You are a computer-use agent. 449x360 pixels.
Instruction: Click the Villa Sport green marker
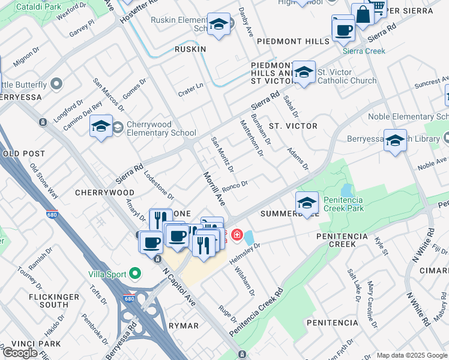click(134, 274)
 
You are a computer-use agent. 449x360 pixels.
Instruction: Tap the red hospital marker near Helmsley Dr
click(237, 234)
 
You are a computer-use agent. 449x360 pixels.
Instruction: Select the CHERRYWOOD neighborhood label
click(104, 193)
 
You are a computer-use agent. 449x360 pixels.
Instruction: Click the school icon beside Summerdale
click(307, 203)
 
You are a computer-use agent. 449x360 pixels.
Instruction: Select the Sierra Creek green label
click(364, 51)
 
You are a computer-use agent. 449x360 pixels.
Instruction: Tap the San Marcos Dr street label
click(109, 95)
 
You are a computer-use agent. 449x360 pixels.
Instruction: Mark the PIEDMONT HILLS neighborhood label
click(293, 41)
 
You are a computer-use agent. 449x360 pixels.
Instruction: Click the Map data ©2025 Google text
click(411, 355)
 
